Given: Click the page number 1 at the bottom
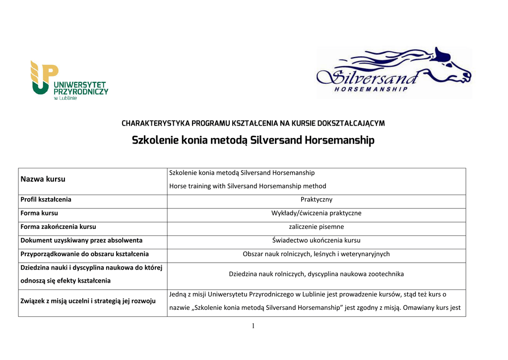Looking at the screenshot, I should (254, 326).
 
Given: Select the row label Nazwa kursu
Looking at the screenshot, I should (43, 179).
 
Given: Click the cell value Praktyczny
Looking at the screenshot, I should (316, 200).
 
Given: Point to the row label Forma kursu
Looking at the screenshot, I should (39, 213).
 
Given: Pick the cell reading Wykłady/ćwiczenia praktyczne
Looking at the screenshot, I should (316, 213).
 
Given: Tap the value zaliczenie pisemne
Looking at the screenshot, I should (316, 226).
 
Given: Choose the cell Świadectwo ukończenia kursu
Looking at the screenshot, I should (316, 240).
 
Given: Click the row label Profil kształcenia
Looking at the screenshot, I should (46, 200).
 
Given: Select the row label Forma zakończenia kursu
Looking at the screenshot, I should (58, 226).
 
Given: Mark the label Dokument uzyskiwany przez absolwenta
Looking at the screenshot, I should (81, 240).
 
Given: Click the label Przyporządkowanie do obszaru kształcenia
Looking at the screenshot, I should (84, 254).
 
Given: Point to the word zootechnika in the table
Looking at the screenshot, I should (382, 274).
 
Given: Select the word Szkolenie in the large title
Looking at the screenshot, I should (154, 141).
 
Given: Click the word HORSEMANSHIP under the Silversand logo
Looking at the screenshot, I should (371, 89).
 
